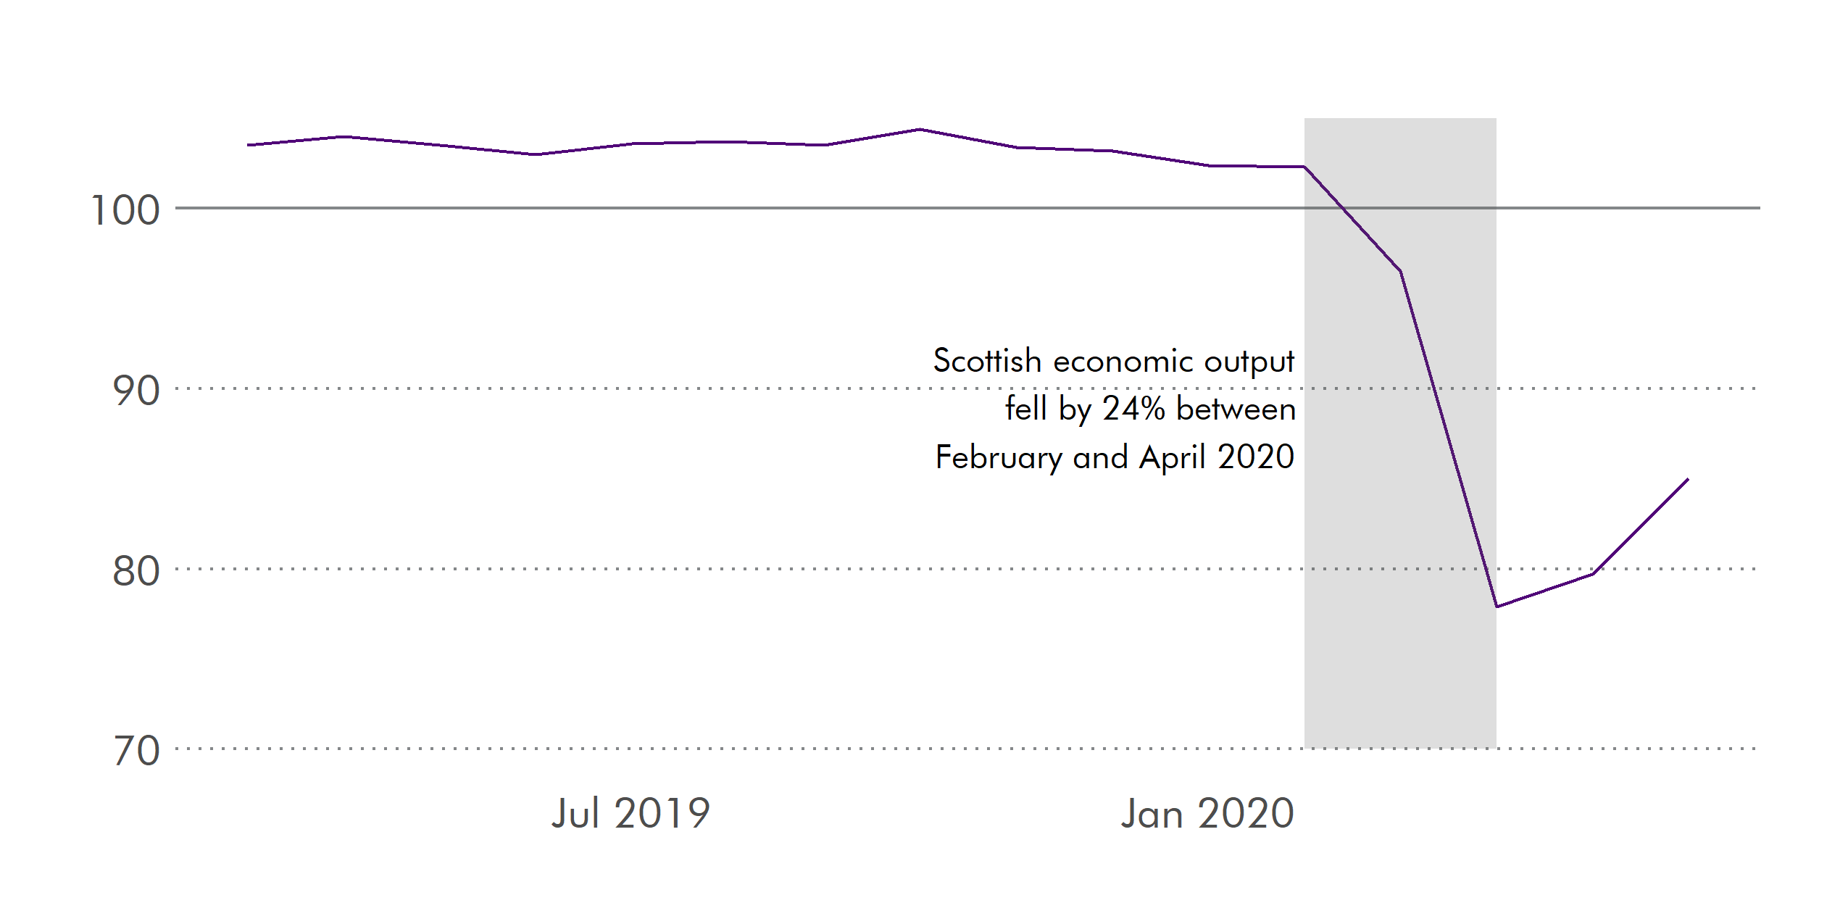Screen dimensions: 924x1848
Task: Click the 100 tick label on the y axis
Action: point(125,211)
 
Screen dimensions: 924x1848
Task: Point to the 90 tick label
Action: point(136,391)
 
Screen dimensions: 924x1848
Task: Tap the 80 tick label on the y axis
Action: point(136,571)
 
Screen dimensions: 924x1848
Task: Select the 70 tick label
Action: point(136,751)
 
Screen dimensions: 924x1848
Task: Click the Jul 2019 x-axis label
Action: point(630,813)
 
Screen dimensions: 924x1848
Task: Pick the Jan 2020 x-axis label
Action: point(1207,813)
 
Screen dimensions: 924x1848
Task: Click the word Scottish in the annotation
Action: point(987,361)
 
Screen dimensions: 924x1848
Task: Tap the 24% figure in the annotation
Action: point(1133,409)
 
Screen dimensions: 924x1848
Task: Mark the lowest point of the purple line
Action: point(1497,607)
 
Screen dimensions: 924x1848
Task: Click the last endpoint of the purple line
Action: point(1688,479)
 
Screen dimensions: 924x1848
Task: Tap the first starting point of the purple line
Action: point(248,145)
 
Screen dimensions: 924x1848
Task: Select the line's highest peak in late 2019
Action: point(920,130)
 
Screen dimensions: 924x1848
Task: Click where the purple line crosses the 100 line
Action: point(1343,208)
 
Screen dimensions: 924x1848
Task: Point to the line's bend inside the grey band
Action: point(1400,271)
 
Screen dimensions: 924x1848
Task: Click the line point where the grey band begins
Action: point(1304,167)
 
